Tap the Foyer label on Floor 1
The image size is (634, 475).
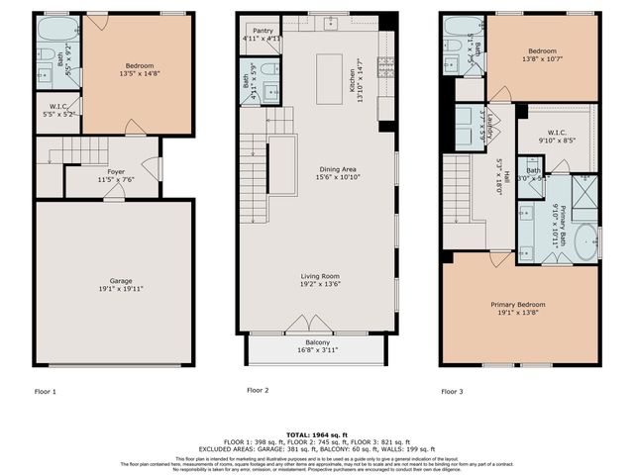click(117, 171)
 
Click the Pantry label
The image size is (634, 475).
click(263, 32)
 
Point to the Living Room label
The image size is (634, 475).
click(322, 276)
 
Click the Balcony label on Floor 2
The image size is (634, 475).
click(317, 342)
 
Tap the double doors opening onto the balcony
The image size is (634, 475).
click(300, 325)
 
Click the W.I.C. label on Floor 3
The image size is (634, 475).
click(556, 134)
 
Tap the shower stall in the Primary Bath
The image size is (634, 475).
click(585, 192)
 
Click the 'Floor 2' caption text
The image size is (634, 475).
click(258, 391)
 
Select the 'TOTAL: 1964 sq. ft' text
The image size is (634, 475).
click(317, 435)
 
